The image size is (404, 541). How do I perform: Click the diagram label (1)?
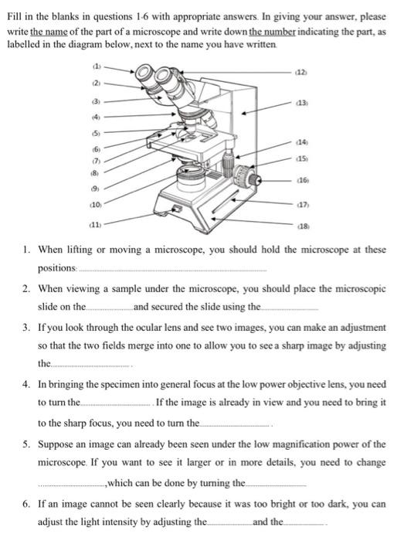tap(97, 66)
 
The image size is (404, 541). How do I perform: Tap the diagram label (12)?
tap(301, 73)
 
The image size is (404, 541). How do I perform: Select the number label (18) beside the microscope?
tap(304, 226)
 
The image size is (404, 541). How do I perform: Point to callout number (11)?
tap(96, 225)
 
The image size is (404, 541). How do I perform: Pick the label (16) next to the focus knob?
tap(303, 180)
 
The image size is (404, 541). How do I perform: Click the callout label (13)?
tap(302, 103)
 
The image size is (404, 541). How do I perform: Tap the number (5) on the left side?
tap(97, 133)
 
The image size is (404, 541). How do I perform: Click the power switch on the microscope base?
tap(177, 209)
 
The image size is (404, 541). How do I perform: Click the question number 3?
tap(26, 328)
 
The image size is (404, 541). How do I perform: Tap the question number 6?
tap(26, 504)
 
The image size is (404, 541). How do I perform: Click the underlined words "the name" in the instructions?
tap(49, 32)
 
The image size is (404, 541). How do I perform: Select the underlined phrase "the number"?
tap(273, 32)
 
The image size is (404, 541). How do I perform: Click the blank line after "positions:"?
tap(173, 270)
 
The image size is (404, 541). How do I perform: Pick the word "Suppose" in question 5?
tap(55, 444)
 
